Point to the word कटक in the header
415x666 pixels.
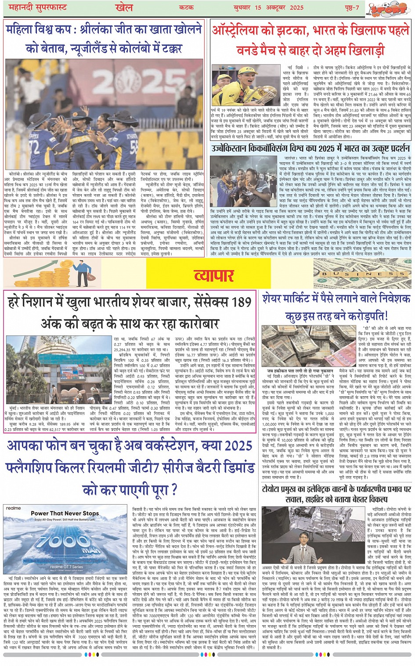(187, 7)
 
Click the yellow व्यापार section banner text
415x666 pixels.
(213, 275)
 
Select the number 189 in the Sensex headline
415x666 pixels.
(241, 302)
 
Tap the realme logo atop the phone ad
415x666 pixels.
(13, 509)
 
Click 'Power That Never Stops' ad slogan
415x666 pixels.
(65, 513)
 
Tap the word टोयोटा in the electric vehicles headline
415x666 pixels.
(275, 489)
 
